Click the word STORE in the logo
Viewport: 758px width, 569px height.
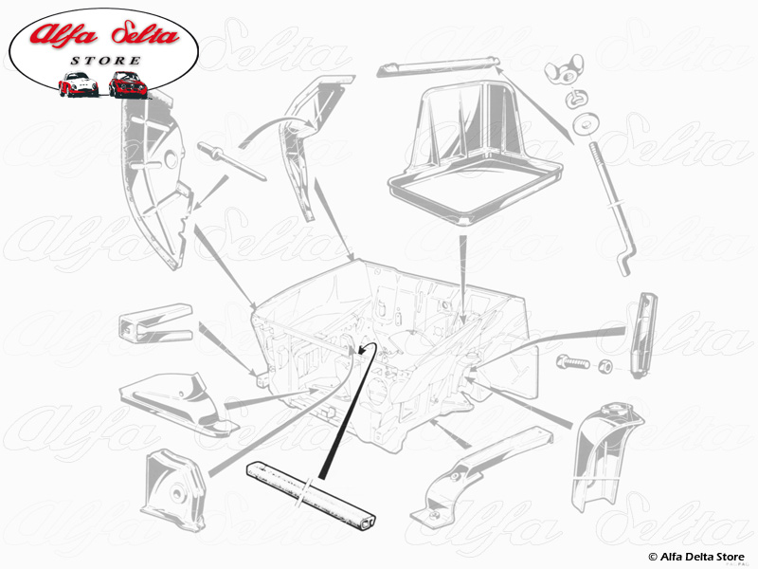tap(105, 61)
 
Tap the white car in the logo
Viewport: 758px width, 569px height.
tap(79, 84)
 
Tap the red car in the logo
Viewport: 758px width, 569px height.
tap(128, 84)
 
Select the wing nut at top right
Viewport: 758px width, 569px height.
tap(564, 70)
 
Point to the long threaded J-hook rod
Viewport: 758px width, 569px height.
tap(610, 209)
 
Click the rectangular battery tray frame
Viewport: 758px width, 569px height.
tap(476, 154)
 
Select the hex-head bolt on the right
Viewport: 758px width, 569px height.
tap(573, 361)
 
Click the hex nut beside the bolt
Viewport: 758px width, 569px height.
tap(605, 366)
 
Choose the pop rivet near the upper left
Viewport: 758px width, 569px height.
tap(231, 161)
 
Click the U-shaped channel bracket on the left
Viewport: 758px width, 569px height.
tap(155, 322)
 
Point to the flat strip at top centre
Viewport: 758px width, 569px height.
tap(438, 66)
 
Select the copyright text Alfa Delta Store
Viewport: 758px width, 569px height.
tap(696, 557)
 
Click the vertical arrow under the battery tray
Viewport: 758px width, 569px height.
tap(463, 279)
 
